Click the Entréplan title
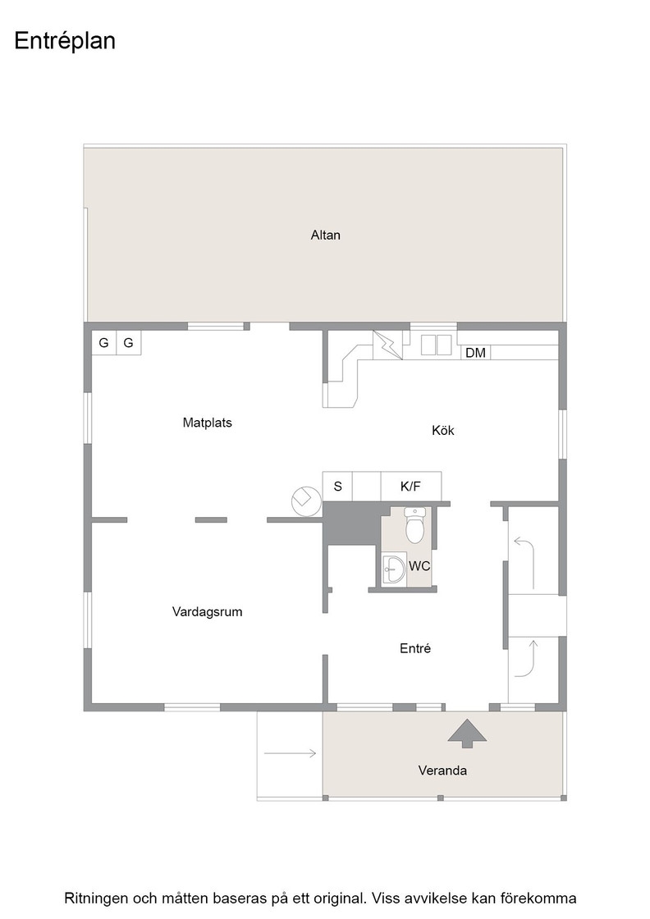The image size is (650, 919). point(65,42)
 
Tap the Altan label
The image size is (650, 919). point(325,235)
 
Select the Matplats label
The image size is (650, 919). point(207,423)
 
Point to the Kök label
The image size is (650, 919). point(443,430)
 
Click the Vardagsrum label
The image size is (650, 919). point(207,612)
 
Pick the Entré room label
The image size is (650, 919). point(415,648)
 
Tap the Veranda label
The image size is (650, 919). point(442,770)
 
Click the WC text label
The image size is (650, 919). point(419,566)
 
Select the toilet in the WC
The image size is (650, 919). point(415,525)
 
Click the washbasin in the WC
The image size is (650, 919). point(394,569)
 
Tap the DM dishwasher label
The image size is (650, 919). point(475,353)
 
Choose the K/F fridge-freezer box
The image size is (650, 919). point(411,486)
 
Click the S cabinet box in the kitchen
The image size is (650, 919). point(337,486)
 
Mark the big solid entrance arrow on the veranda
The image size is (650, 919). point(467,734)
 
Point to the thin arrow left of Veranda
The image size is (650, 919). point(291,753)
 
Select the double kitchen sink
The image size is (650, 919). point(436,345)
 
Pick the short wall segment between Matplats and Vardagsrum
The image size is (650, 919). point(211,520)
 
